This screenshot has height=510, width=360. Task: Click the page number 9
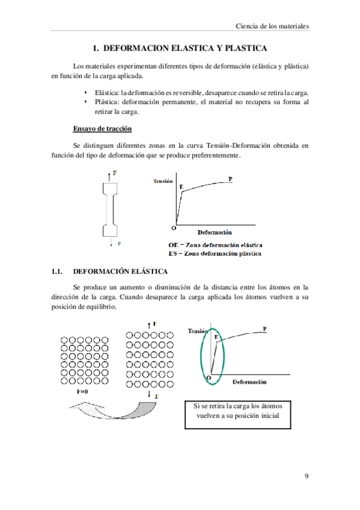coord(307,476)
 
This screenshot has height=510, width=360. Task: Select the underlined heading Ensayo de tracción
coord(102,129)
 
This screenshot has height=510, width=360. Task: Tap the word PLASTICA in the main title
coord(239,48)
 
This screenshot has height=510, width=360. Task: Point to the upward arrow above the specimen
coord(108,174)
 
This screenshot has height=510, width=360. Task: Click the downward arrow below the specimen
coord(111,244)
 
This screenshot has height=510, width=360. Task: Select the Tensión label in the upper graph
coord(163,181)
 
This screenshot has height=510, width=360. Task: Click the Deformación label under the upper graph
coord(215,232)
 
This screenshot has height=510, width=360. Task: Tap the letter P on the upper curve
coord(231,179)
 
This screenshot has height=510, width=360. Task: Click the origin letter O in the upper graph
coord(173,228)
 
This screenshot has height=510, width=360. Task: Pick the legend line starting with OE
coord(215,245)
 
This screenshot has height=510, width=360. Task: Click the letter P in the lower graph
coord(264,328)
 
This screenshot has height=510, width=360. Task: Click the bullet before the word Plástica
coord(87,102)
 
